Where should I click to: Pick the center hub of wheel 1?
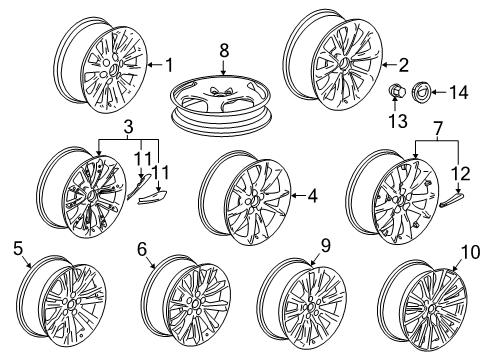pyautogui.click(x=114, y=69)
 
